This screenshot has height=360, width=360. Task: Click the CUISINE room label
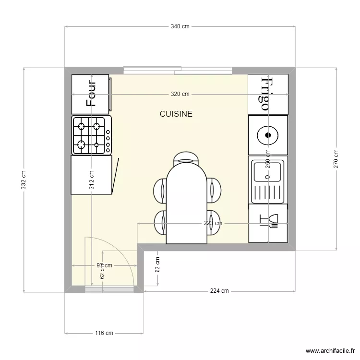point(176,114)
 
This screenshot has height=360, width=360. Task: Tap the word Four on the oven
point(91,93)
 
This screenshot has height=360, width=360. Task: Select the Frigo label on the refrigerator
point(266,94)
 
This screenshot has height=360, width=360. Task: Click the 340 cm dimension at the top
point(180,27)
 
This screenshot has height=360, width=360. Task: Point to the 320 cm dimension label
point(180,94)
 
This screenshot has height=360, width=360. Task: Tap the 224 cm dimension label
point(219,291)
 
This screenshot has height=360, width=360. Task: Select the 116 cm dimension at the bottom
point(104,333)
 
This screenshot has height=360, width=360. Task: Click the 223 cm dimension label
point(213,223)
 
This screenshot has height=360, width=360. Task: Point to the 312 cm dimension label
point(91,181)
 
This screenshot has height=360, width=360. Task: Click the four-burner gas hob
point(91,135)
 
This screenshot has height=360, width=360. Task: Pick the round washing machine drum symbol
point(268,135)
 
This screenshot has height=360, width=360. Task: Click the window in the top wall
point(178,71)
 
